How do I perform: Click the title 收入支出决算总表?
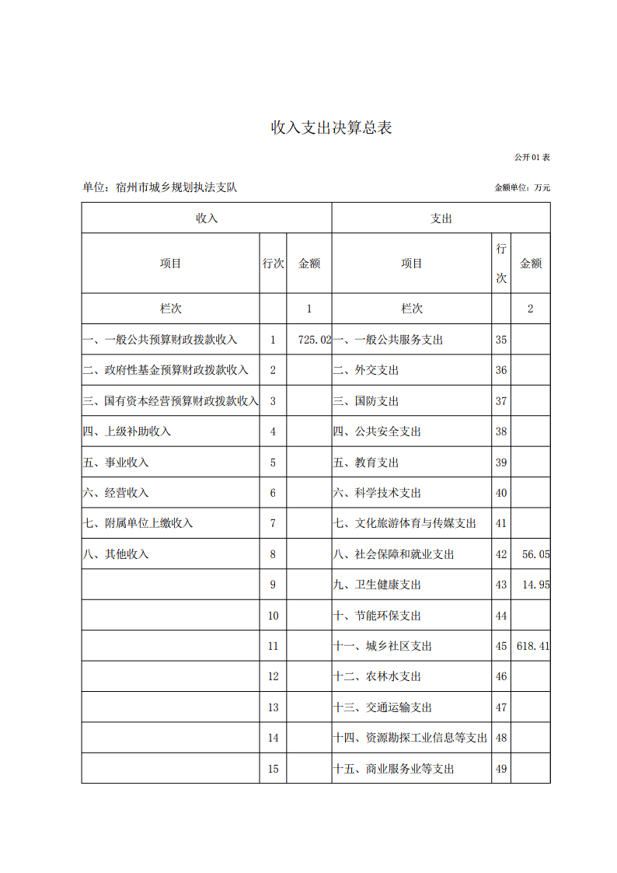[331, 128]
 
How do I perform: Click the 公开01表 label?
[532, 157]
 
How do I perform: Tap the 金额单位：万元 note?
[521, 188]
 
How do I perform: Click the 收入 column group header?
[207, 218]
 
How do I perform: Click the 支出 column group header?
[441, 218]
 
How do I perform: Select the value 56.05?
[535, 554]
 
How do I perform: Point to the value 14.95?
[535, 585]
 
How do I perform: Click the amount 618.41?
[532, 646]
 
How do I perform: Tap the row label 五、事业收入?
[116, 463]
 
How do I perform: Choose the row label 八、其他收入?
[116, 554]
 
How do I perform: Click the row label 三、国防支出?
[366, 401]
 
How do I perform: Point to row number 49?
[501, 769]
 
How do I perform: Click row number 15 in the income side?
[273, 769]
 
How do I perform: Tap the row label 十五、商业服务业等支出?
[393, 769]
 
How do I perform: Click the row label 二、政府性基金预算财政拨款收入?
[166, 370]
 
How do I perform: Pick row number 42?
[501, 554]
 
